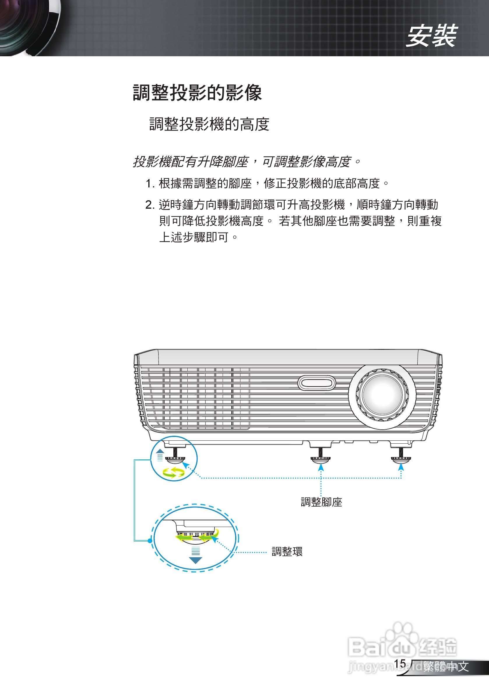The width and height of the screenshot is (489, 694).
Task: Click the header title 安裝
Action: (431, 36)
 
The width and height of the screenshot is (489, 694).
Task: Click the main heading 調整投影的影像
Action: (197, 92)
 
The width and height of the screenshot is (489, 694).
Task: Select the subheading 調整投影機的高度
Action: (209, 124)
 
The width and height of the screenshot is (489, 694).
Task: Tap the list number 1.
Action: (149, 183)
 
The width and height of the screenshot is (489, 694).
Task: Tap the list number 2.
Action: (149, 205)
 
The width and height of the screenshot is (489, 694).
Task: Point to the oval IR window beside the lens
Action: (316, 383)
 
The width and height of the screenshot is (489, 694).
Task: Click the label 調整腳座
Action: (321, 502)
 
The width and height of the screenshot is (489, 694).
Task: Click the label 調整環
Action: (287, 552)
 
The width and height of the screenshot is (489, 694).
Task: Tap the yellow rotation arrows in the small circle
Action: (173, 472)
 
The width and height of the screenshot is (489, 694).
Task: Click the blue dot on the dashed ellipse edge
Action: (150, 540)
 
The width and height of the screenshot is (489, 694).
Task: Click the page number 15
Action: (400, 664)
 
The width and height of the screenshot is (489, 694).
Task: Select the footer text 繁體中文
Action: (446, 667)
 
